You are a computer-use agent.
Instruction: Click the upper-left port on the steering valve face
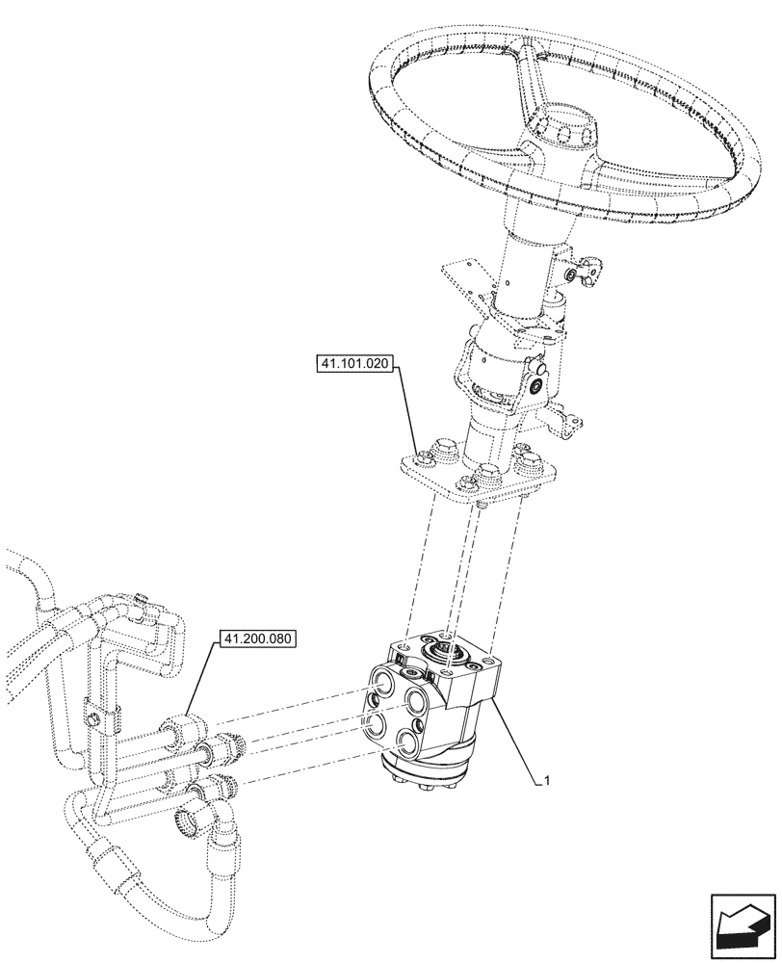[380, 687]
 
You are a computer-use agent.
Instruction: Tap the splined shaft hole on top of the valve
[449, 655]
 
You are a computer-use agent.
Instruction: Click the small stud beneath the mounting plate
[481, 502]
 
